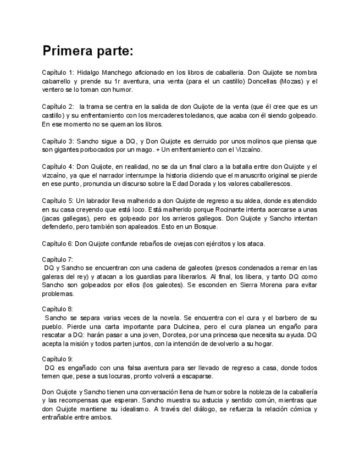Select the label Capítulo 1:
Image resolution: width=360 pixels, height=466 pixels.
coord(58,73)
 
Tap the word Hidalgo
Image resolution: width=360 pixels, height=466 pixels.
coord(90,73)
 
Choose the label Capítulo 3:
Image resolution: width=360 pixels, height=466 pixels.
coord(58,141)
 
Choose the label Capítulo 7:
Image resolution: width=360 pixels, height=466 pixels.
coord(58,259)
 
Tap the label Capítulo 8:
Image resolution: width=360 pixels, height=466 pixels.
coord(58,309)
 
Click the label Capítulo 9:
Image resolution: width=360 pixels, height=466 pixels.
coord(58,359)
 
